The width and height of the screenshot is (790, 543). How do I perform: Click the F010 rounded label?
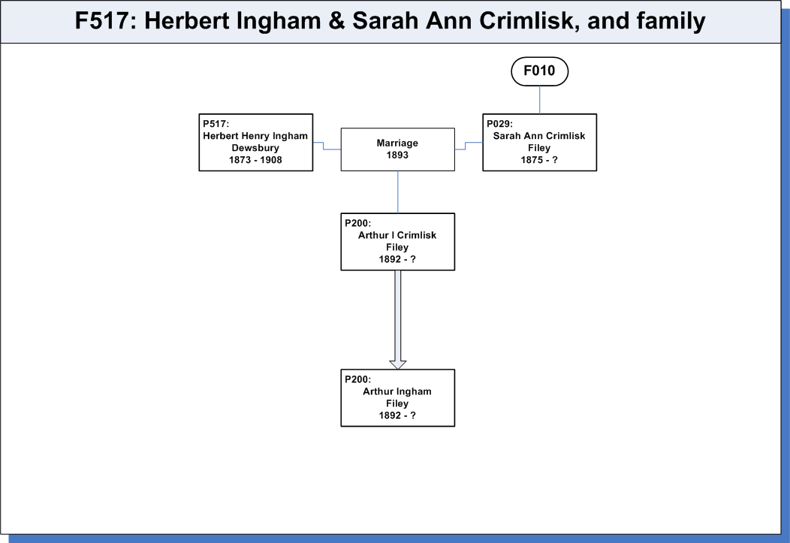coord(540,71)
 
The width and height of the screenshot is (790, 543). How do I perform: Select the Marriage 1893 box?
coord(397,149)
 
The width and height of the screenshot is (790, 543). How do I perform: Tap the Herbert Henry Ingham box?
coord(256,143)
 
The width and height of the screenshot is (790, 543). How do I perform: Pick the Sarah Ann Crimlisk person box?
coord(540,143)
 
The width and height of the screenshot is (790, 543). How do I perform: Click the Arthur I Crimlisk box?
coord(397,242)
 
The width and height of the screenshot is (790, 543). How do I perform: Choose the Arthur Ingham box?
coord(397,398)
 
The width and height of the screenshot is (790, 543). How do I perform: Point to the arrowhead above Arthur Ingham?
coord(397,365)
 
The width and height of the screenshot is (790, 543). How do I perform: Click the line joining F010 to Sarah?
coord(540,100)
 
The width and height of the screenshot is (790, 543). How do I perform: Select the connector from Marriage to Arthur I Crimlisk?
coord(397,192)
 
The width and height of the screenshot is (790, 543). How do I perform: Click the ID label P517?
coord(216,124)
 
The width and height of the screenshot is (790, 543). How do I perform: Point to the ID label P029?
coord(499,124)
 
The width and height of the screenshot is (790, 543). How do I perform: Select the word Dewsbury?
coord(255,148)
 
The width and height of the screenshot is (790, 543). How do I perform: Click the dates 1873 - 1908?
coord(255,160)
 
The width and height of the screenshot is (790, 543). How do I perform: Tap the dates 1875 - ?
coord(539,160)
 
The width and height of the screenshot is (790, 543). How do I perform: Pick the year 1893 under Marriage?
coord(397,155)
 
